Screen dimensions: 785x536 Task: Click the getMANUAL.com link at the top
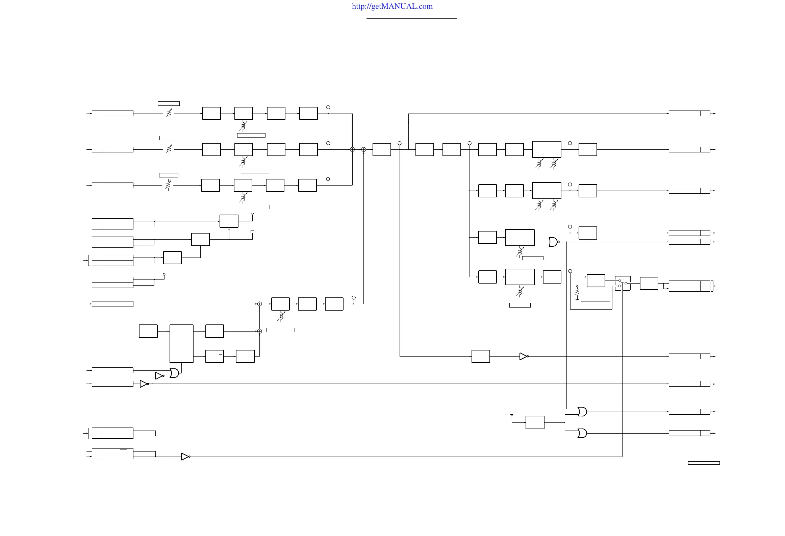tap(392, 6)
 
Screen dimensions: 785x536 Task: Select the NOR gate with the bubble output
tap(553, 242)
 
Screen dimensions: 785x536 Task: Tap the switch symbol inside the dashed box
tap(623, 283)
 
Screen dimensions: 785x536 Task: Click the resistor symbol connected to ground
tap(577, 291)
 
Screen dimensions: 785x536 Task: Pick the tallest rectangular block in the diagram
tap(181, 344)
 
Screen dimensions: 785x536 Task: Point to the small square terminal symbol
tap(252, 232)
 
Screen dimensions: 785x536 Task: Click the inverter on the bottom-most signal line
tap(185, 457)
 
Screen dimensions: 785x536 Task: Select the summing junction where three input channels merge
tap(352, 149)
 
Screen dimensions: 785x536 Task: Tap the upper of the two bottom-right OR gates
tap(582, 412)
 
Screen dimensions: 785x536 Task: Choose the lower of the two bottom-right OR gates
tap(582, 433)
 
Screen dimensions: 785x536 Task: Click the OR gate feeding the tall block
tap(174, 373)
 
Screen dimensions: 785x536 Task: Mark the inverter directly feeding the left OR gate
tap(159, 376)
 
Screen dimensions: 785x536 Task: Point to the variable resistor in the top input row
tap(169, 113)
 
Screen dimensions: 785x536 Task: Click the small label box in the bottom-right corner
tap(704, 463)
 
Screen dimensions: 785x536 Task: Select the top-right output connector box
tap(689, 114)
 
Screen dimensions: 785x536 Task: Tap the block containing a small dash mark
tap(214, 356)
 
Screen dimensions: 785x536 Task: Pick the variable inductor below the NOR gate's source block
tap(520, 252)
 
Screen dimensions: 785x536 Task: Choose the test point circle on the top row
tap(328, 107)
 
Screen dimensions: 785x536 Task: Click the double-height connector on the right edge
tap(689, 286)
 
